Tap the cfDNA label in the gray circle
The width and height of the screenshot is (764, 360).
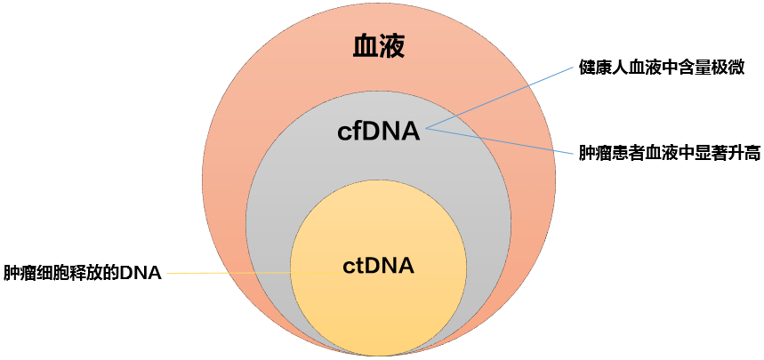click(378, 132)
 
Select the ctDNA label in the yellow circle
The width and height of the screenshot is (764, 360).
click(379, 265)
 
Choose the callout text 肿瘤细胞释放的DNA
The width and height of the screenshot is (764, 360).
click(83, 273)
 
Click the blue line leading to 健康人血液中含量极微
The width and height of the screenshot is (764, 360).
click(498, 99)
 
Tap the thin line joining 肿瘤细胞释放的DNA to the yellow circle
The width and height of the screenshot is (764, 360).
click(231, 272)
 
